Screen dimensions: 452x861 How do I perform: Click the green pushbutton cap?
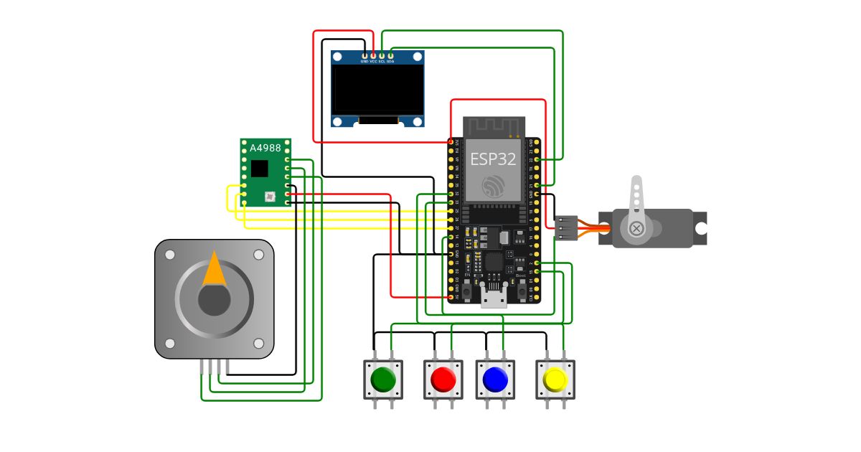point(383,379)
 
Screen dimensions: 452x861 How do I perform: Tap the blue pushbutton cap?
point(495,379)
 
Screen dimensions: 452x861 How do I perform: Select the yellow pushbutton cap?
point(555,379)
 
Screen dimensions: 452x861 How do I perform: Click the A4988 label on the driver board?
point(265,148)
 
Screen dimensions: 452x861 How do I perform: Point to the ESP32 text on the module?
point(493,159)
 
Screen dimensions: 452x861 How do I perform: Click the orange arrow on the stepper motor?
point(215,270)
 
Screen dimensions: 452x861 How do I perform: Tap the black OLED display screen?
point(377,90)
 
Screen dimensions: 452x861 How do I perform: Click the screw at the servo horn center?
point(636,228)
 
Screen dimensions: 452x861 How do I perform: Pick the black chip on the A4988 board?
point(259,169)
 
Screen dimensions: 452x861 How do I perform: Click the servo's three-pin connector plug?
point(566,227)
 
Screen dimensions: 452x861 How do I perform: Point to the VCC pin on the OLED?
point(373,56)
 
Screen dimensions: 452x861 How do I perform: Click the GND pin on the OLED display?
point(364,56)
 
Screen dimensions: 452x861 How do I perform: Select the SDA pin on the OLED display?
point(391,56)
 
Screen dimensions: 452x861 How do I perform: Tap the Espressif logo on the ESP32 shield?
point(493,186)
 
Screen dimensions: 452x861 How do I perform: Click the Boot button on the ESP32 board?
point(521,290)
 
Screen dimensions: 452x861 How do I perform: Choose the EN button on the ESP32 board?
point(467,290)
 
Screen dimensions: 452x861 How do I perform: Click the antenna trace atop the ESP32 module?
point(494,126)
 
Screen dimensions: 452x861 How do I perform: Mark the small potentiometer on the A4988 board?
point(270,196)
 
